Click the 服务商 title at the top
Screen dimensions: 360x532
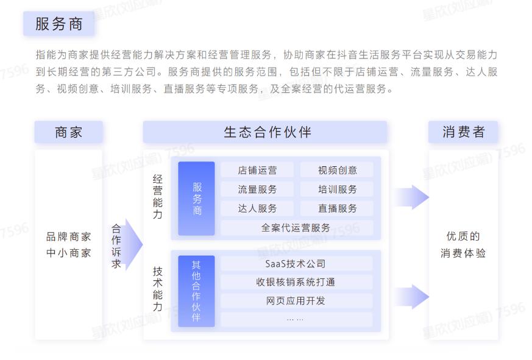(x=59, y=24)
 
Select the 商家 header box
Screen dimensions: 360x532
(x=68, y=132)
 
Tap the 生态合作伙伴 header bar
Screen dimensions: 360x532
(x=265, y=132)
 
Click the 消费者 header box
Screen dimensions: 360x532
(x=463, y=132)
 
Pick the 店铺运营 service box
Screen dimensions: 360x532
(x=257, y=170)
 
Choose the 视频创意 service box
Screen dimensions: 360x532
(x=337, y=170)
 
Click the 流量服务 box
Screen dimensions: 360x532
(x=257, y=189)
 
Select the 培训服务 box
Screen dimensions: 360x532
(x=337, y=189)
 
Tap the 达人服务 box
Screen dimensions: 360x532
(x=257, y=208)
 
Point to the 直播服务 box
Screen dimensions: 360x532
(x=337, y=208)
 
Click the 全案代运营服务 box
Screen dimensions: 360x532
(x=296, y=228)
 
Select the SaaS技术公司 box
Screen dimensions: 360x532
(x=296, y=264)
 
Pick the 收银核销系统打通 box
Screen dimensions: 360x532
(x=296, y=282)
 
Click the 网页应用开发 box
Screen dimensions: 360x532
(x=296, y=300)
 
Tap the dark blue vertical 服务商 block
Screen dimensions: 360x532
(x=196, y=199)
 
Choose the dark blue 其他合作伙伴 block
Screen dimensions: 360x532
(x=196, y=291)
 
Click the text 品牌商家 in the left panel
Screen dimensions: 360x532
(x=68, y=237)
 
